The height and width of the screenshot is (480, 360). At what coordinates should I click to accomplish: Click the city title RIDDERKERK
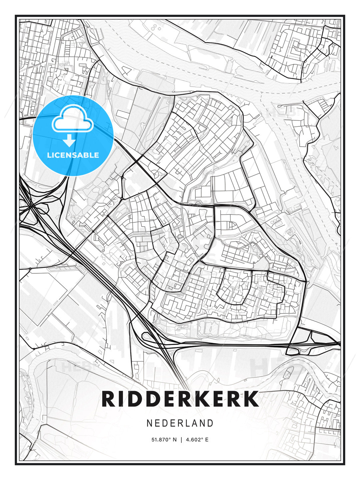180,399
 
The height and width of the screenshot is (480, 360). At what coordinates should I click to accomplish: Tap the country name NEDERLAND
180,423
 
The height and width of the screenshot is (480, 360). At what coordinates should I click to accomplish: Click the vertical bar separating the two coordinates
181,440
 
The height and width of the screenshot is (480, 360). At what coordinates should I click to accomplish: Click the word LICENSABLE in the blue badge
73,155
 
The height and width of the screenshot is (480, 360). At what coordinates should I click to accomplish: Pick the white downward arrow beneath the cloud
69,141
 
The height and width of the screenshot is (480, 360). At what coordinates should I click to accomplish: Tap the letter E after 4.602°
207,440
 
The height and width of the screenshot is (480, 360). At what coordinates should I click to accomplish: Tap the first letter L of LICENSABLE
49,155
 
